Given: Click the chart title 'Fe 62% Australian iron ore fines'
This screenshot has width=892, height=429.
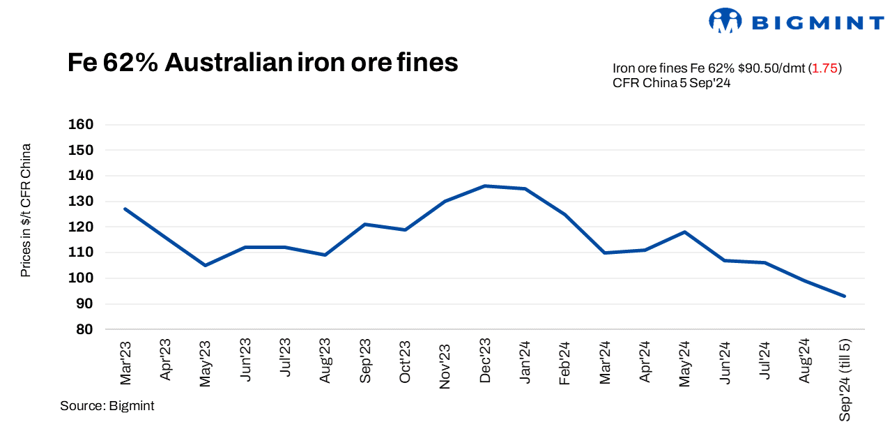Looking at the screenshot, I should click(x=263, y=63).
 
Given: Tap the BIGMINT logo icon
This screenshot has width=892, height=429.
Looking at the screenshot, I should click(x=725, y=21).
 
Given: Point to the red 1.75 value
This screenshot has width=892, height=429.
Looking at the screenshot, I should click(x=826, y=68).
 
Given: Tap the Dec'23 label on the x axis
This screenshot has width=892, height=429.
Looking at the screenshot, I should click(x=485, y=361).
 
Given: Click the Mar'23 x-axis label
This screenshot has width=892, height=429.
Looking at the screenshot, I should click(x=125, y=361).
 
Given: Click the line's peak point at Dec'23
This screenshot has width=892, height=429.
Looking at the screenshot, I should click(x=485, y=186).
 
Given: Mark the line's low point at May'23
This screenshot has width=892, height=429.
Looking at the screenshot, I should click(x=205, y=265).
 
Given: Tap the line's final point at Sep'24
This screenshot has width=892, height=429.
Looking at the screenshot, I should click(x=845, y=296).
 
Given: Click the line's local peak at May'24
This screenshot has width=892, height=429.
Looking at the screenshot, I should click(x=685, y=232).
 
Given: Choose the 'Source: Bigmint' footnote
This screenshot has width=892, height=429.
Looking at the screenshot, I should click(x=107, y=406).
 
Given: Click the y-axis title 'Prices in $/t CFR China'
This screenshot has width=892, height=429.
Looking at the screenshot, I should click(x=26, y=210).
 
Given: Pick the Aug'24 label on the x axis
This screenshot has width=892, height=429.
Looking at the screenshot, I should click(x=805, y=361).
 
